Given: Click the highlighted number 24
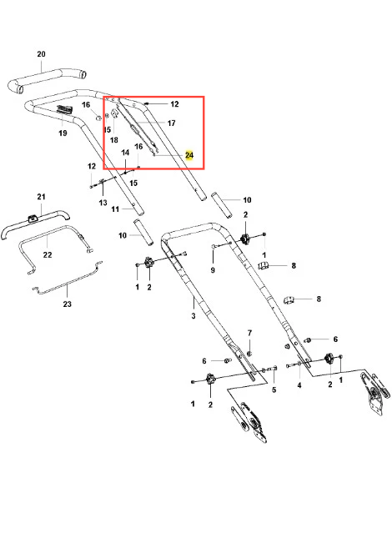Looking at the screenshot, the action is tap(189, 155).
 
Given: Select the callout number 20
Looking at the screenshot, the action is tap(41, 54).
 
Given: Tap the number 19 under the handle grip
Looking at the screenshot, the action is tap(63, 133).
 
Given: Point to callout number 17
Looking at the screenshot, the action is tap(171, 123).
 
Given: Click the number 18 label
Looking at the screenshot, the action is tap(114, 140).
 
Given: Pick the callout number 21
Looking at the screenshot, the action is tap(41, 197).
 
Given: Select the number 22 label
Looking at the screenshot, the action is tap(48, 254).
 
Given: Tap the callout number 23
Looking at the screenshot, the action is tap(67, 304).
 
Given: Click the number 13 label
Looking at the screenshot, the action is tap(103, 203).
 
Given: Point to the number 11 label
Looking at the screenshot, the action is tap(115, 209).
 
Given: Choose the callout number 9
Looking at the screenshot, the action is tap(213, 270).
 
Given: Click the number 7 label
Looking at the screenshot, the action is tap(249, 333).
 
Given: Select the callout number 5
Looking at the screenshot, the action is tap(274, 390).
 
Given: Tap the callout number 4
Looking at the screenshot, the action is tap(299, 385).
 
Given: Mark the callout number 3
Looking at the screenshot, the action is tap(193, 315).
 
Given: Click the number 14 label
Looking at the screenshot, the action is tap(125, 153).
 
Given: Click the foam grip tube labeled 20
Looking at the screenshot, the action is tap(47, 79).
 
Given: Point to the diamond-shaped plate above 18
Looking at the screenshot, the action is tap(114, 113).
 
